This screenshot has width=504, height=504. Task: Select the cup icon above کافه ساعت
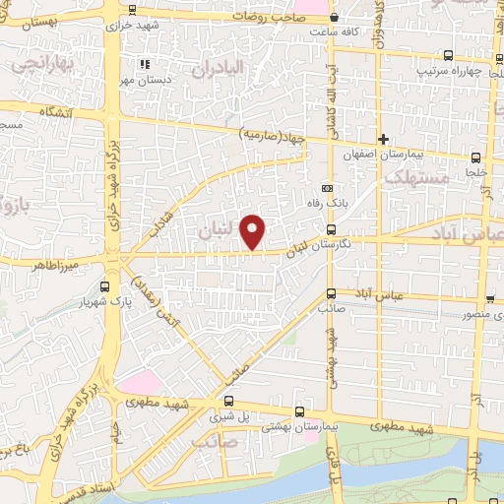pos(335,17)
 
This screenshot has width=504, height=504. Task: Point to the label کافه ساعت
pos(334,31)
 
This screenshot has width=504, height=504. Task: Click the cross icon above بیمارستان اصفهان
pos(384,138)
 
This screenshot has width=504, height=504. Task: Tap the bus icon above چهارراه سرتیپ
pos(449,56)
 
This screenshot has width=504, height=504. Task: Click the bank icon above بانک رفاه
pos(328,189)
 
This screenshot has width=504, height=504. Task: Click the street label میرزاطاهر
pos(51,265)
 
